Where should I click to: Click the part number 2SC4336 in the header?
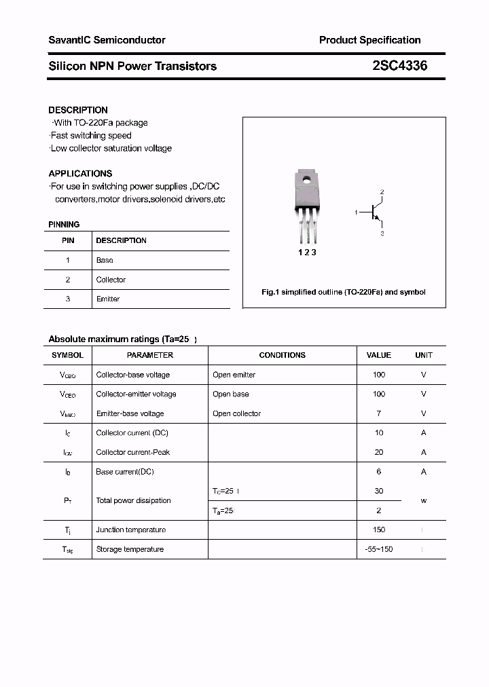click(x=399, y=66)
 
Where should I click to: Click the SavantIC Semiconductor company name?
click(x=107, y=40)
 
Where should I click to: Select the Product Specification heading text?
click(x=369, y=40)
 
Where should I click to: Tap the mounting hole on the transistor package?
click(x=307, y=180)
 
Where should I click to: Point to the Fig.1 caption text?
click(x=344, y=292)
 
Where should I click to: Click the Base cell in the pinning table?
click(x=105, y=260)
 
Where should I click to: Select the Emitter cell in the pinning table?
click(x=107, y=299)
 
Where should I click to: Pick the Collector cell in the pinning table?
click(x=111, y=280)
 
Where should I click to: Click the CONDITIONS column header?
click(x=282, y=355)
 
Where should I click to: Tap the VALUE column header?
click(x=378, y=355)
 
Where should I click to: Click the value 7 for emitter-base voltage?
click(x=378, y=413)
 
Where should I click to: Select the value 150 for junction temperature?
click(x=378, y=530)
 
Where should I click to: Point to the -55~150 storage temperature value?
click(x=378, y=549)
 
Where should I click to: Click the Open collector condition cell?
click(x=236, y=413)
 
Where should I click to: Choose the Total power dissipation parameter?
click(x=133, y=500)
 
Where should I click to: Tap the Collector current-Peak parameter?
click(x=132, y=452)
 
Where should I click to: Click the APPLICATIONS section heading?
click(x=80, y=173)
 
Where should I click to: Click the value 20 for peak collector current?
click(x=378, y=452)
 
